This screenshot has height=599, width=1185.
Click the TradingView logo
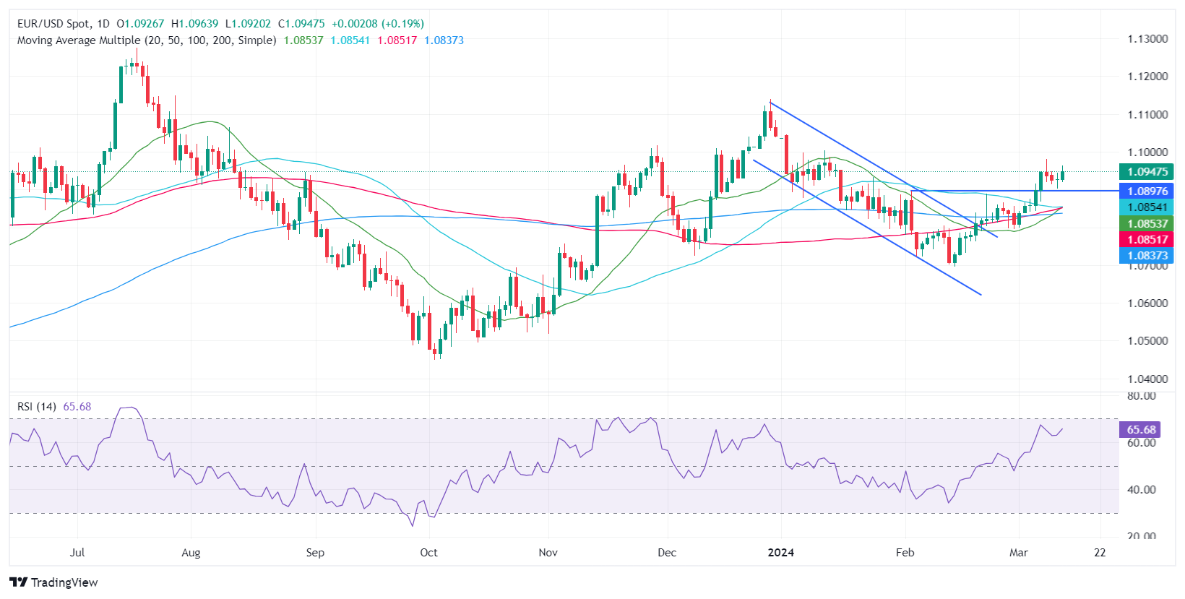tap(54, 582)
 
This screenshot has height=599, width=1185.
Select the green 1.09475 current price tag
tap(1146, 172)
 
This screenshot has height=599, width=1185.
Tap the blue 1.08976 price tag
tap(1146, 191)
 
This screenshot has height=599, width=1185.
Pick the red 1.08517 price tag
tap(1146, 239)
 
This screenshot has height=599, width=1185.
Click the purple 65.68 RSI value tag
tap(1140, 429)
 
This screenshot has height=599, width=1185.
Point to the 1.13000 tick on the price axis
tap(1147, 38)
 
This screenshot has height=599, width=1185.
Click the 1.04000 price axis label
tap(1147, 379)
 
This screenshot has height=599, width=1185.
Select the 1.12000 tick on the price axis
tap(1147, 76)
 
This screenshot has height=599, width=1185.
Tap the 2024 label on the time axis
tap(780, 553)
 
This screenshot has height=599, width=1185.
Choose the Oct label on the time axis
tap(428, 553)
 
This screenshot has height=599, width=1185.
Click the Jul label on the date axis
tap(77, 553)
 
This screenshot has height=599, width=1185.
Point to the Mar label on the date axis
tap(1018, 553)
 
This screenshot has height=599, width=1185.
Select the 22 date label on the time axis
tap(1100, 553)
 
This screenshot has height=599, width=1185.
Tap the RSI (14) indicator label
tap(36, 407)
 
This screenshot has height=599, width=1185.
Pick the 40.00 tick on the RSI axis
tap(1141, 489)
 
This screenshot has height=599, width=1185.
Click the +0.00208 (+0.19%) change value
tap(378, 24)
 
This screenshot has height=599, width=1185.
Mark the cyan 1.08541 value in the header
tap(350, 40)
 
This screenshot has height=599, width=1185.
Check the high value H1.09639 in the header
tap(194, 24)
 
